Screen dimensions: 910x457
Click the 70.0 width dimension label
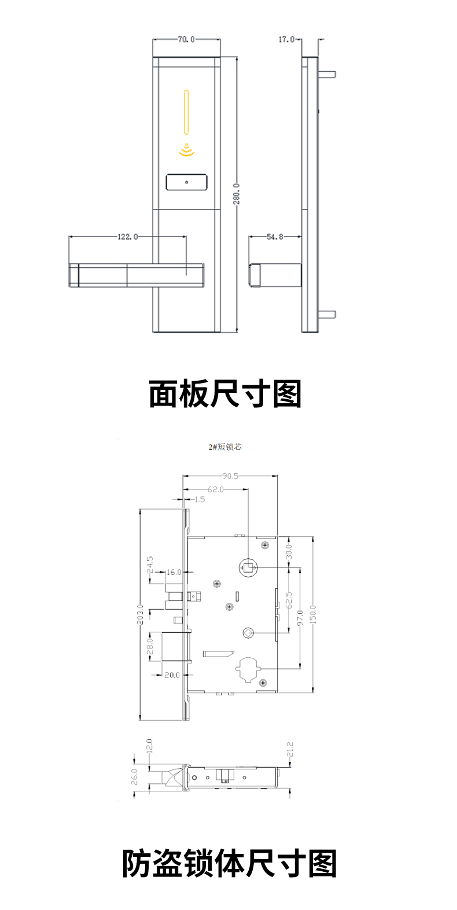pyautogui.click(x=186, y=39)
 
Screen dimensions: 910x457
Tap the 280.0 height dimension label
pyautogui.click(x=237, y=194)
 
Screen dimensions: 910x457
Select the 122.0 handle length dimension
pyautogui.click(x=128, y=237)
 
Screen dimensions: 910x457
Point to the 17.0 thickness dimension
pyautogui.click(x=286, y=39)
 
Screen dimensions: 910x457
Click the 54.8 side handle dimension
pyautogui.click(x=275, y=237)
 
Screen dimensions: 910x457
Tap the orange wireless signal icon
pyautogui.click(x=186, y=150)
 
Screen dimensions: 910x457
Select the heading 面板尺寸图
pyautogui.click(x=226, y=394)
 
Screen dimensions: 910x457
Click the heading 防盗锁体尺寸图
pyautogui.click(x=229, y=864)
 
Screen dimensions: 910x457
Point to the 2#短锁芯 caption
pyautogui.click(x=225, y=447)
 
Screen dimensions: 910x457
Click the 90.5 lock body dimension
pyautogui.click(x=230, y=476)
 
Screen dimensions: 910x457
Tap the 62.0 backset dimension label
pyautogui.click(x=215, y=489)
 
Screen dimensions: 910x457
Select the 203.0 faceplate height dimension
pyautogui.click(x=140, y=614)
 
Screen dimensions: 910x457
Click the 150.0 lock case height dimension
pyautogui.click(x=313, y=614)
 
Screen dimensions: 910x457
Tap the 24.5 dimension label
pyautogui.click(x=150, y=565)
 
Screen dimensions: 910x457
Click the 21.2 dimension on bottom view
pyautogui.click(x=290, y=750)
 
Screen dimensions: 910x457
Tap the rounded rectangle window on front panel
pyautogui.click(x=186, y=182)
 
